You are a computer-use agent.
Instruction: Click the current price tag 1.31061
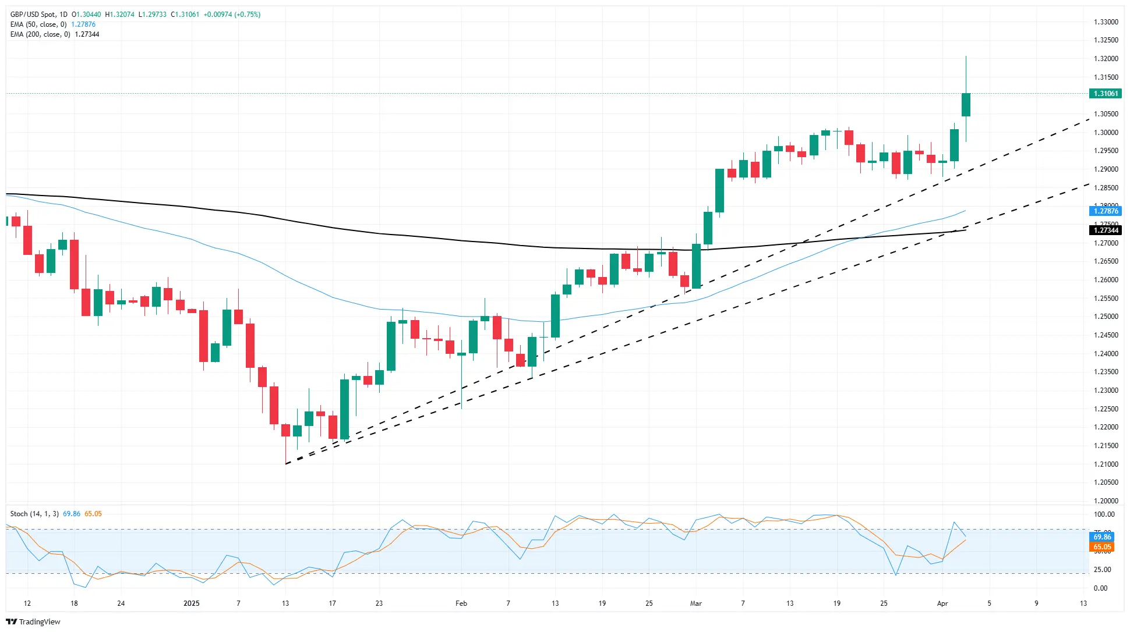[x=1105, y=94]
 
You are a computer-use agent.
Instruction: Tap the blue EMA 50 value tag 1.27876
[x=1105, y=211]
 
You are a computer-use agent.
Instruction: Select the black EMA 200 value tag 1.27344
[x=1105, y=230]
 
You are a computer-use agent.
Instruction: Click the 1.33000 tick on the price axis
[x=1106, y=22]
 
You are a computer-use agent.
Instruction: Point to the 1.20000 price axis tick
[x=1106, y=500]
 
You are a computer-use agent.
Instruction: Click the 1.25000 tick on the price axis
[x=1106, y=317]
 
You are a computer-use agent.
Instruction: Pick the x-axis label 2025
[x=191, y=603]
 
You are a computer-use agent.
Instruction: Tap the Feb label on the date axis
[x=461, y=603]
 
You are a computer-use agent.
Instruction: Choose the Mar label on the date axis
[x=695, y=603]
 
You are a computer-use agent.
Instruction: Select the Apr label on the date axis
[x=942, y=603]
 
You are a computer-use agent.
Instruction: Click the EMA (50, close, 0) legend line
[x=38, y=24]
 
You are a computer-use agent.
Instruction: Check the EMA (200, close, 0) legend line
[x=40, y=34]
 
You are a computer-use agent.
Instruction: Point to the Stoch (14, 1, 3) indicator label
[x=34, y=514]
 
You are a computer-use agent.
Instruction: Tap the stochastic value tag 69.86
[x=1102, y=537]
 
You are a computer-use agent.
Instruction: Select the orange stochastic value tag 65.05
[x=1102, y=547]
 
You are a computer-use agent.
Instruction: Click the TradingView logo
[x=33, y=622]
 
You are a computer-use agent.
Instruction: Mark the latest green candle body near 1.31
[x=966, y=105]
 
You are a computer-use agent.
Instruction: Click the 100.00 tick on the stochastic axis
[x=1104, y=514]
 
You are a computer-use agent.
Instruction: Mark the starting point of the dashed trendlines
[x=286, y=464]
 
